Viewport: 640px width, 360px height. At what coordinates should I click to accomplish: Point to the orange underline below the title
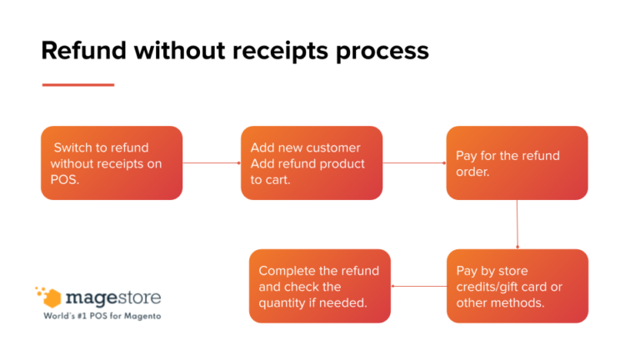click(x=77, y=85)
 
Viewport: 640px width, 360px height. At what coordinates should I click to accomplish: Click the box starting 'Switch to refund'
click(x=111, y=162)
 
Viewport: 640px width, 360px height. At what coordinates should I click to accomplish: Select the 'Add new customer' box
click(x=312, y=162)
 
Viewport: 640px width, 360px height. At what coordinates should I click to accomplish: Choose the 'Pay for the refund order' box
click(x=517, y=162)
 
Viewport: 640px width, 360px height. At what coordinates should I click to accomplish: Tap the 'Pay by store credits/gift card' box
click(x=517, y=286)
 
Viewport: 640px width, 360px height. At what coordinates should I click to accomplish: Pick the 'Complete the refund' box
click(x=319, y=286)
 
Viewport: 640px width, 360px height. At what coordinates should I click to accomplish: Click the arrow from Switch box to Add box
click(x=212, y=163)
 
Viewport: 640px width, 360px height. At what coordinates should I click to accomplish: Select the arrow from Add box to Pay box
click(x=414, y=163)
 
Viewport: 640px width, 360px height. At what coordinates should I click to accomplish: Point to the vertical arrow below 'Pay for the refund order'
click(x=517, y=224)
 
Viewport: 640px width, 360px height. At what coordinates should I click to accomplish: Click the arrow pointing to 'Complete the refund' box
click(x=418, y=287)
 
